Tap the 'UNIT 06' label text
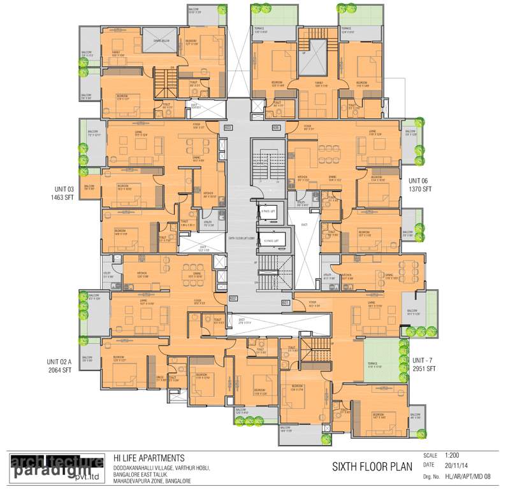pos(421,180)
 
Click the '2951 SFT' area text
pos(421,369)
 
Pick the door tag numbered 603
pos(228,128)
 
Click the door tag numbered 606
pos(276,128)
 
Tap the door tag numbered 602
pos(233,298)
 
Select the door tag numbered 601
pos(286,302)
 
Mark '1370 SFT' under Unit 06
pos(421,189)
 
